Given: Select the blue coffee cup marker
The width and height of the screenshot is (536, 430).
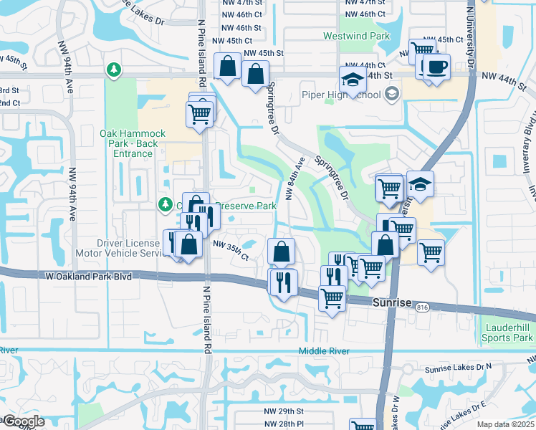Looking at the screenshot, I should (436, 67).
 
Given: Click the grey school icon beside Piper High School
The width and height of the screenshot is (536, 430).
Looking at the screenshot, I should (391, 93).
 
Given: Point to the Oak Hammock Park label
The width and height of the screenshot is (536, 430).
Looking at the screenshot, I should (133, 139).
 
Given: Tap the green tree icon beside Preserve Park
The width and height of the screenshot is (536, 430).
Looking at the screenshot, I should (165, 206).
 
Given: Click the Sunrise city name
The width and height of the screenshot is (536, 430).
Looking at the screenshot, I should (392, 303).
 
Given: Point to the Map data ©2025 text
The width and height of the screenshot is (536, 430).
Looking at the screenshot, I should (505, 424).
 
